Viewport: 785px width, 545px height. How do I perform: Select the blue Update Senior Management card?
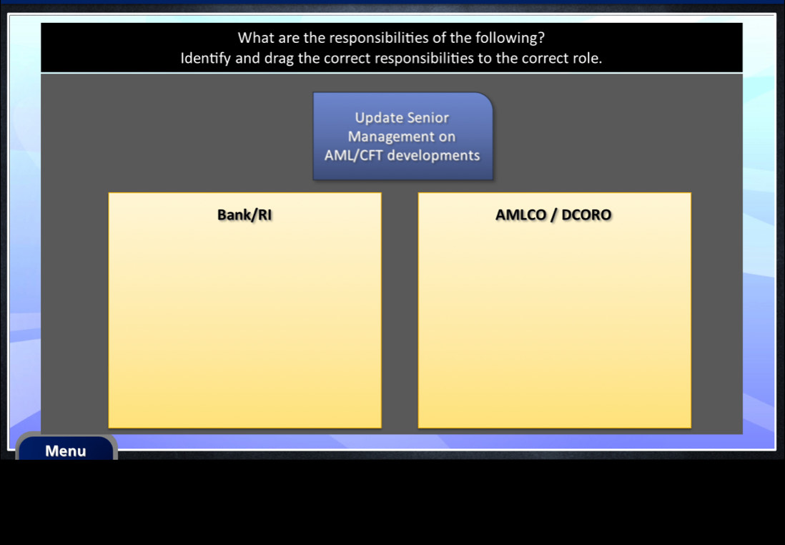coord(403,136)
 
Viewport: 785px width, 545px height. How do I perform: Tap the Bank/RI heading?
coord(245,215)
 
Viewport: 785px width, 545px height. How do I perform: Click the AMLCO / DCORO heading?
coord(553,215)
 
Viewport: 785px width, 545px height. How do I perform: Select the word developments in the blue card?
coord(433,155)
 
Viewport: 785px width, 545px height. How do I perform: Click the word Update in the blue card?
coord(378,118)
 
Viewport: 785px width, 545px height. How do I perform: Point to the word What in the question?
coord(253,38)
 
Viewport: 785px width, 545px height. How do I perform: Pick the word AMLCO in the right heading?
coord(520,215)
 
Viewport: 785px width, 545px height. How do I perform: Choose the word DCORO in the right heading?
coord(586,215)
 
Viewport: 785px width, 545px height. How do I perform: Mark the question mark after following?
coord(541,38)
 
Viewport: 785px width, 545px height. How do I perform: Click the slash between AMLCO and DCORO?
coord(553,215)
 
